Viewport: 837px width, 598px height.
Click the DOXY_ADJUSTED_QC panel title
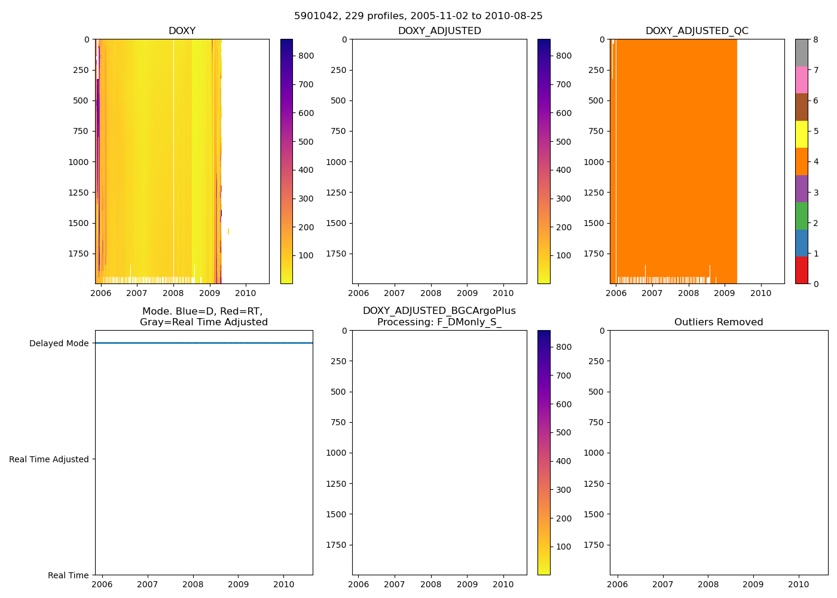pos(697,31)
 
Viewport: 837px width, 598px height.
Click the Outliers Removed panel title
pos(719,322)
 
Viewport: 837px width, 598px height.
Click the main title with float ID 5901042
pos(418,16)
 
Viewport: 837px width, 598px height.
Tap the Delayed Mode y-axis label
pos(59,343)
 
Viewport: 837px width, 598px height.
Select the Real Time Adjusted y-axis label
pos(48,459)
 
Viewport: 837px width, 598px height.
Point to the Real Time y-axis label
pos(68,575)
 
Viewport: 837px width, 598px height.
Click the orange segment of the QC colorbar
pos(801,161)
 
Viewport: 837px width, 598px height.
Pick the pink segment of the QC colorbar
pos(801,80)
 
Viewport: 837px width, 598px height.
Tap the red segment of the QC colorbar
pos(801,270)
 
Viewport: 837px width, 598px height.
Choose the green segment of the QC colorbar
pos(801,216)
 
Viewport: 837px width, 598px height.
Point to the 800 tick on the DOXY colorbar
pos(306,56)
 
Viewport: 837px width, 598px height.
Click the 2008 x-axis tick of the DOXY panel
pos(173,293)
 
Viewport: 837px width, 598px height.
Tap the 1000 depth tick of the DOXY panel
pos(78,162)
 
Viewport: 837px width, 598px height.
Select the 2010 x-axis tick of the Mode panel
pos(283,584)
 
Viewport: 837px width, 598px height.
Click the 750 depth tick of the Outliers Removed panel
pos(594,422)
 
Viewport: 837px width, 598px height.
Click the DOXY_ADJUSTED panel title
pos(439,31)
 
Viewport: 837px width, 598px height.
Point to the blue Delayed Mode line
pos(203,343)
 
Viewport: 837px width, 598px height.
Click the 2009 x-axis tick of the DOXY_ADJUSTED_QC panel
pos(725,293)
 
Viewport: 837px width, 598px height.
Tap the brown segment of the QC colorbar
pos(801,107)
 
